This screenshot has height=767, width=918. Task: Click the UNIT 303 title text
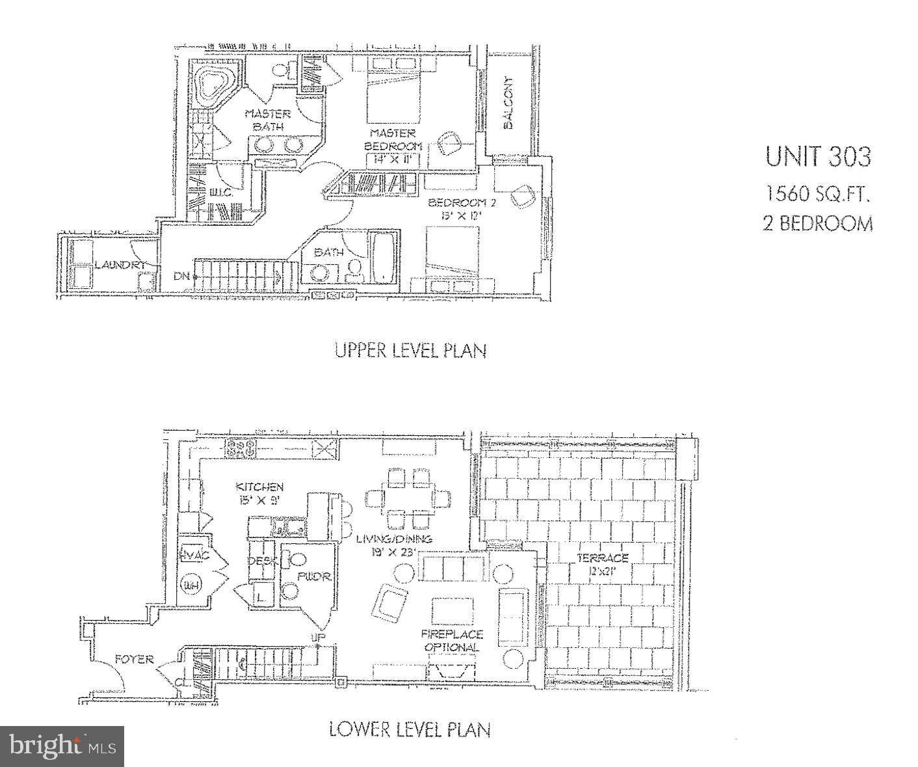coord(817,157)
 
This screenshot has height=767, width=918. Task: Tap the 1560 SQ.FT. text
coord(817,193)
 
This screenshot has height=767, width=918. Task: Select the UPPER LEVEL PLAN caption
coord(410,350)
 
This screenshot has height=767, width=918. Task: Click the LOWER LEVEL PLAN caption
coord(410,729)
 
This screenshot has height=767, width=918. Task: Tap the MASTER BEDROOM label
coord(393,139)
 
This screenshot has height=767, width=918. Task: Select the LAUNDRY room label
coord(120,265)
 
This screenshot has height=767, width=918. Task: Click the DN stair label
coord(181,276)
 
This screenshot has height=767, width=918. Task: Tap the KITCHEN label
coord(259,487)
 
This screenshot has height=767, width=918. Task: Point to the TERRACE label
coord(603,558)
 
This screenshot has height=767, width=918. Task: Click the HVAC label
coord(193,554)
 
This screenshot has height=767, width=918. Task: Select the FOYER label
coord(135,659)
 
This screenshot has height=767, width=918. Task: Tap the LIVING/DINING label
coord(394,539)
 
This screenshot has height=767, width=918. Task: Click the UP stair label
coord(318,637)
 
